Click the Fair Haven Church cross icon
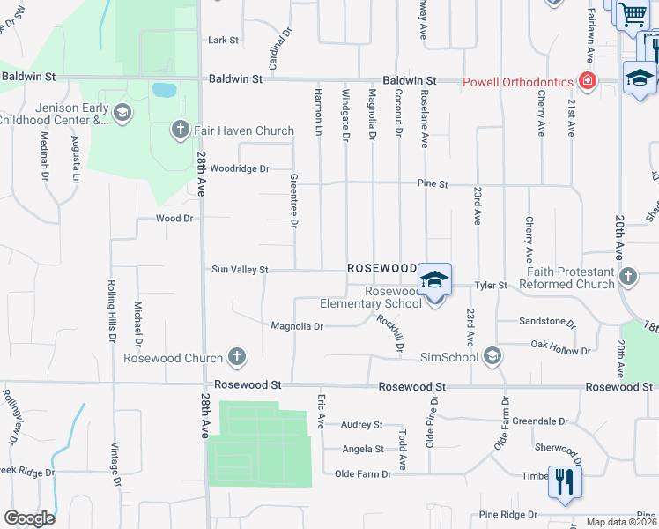[180, 130]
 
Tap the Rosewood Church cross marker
[236, 357]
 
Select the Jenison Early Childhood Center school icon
[122, 112]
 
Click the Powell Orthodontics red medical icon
[587, 81]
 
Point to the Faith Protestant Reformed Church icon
[627, 277]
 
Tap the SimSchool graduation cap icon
[492, 356]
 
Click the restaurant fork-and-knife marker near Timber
[564, 481]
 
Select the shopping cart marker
[632, 15]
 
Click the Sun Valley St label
[239, 270]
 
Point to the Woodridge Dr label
[239, 168]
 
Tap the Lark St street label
[223, 40]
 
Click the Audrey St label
[362, 424]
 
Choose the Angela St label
[362, 449]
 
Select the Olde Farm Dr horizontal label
[363, 474]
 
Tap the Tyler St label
[491, 285]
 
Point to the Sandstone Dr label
[546, 322]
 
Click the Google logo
[29, 518]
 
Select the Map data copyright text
[622, 522]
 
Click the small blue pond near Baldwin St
[163, 89]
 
